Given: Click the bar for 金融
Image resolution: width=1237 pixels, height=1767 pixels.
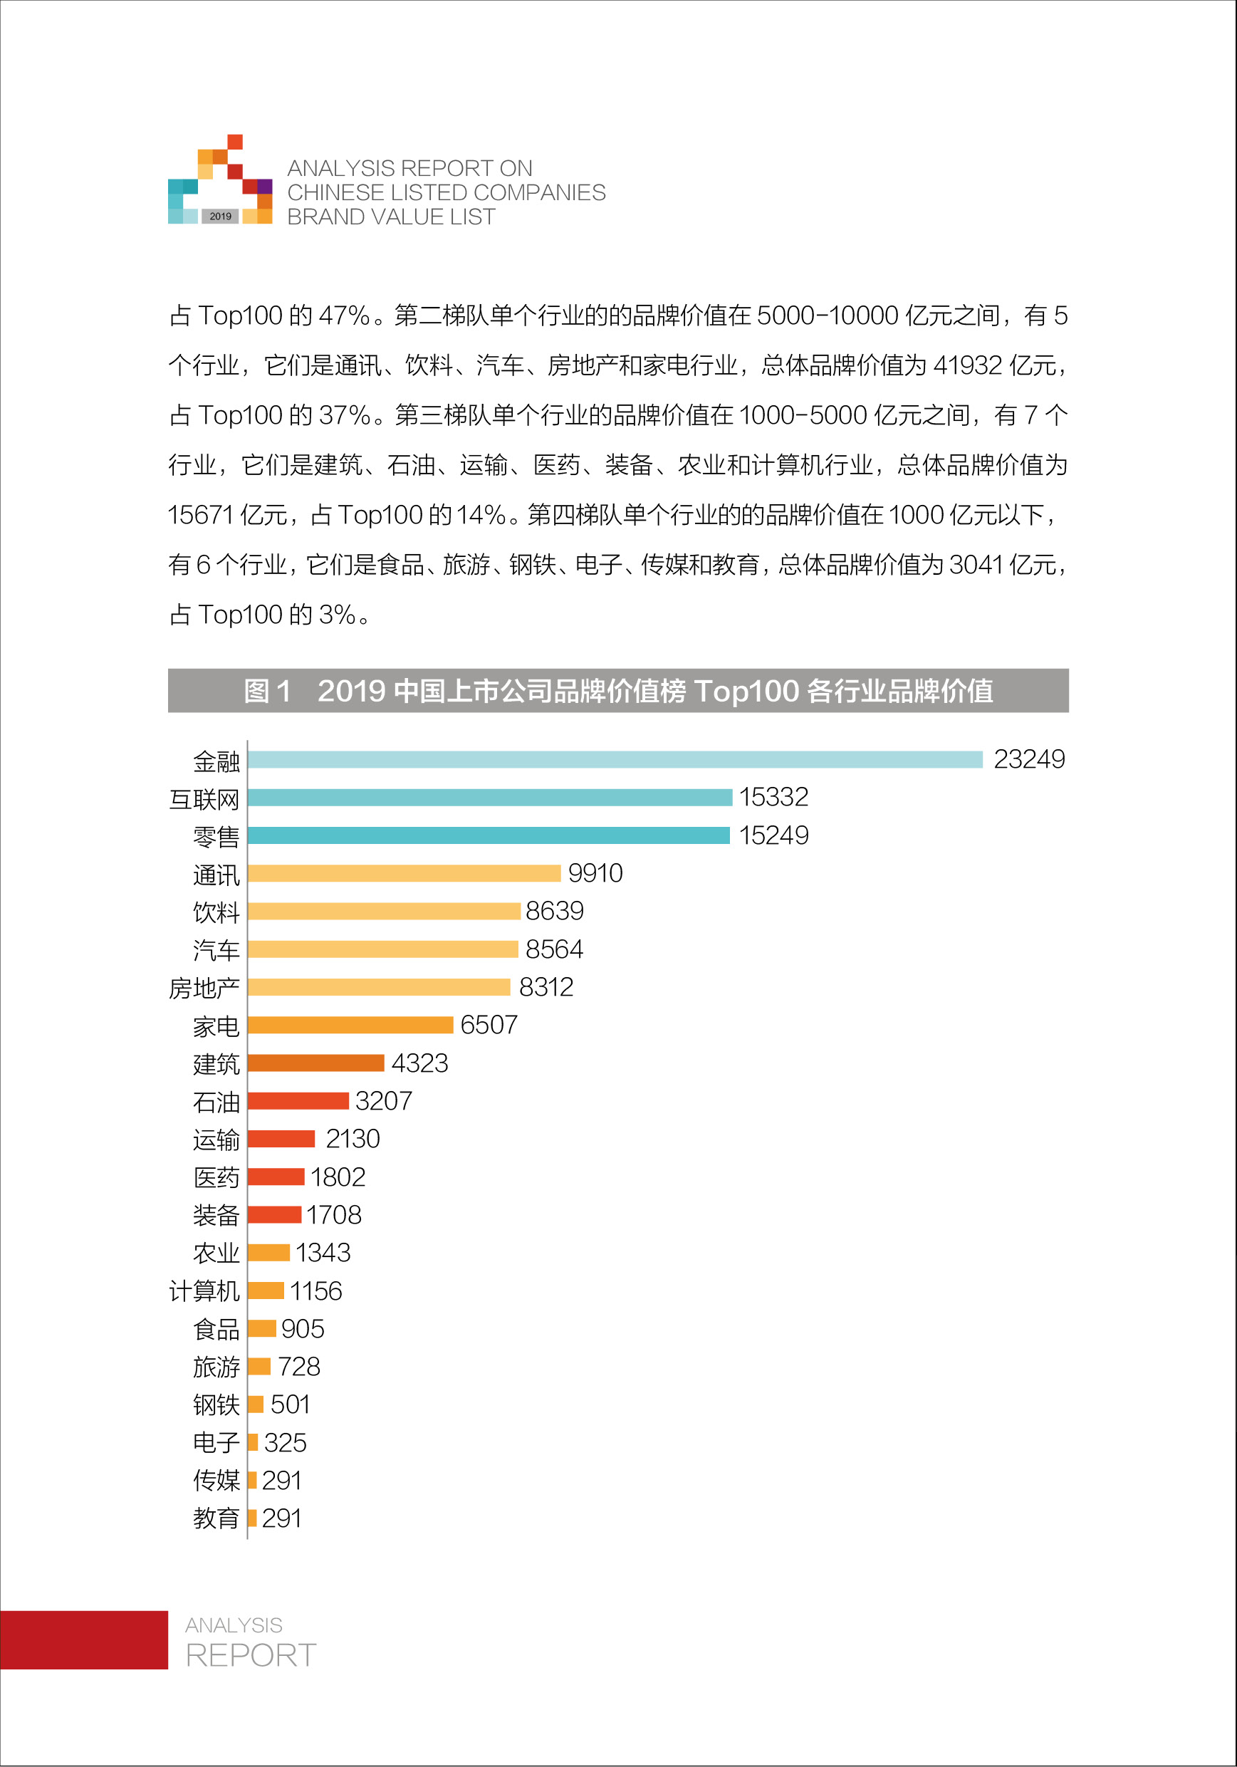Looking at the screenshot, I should pos(615,760).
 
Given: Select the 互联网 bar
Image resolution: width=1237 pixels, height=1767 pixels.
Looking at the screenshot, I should pos(489,797).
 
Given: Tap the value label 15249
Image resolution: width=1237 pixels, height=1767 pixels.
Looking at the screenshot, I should pos(773,835).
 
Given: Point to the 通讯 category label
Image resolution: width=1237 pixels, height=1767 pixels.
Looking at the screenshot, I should pos(216,875).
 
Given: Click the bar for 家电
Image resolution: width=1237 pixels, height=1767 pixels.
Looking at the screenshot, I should pos(350,1025).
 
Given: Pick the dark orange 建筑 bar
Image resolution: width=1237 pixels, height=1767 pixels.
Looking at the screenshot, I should pos(315,1063).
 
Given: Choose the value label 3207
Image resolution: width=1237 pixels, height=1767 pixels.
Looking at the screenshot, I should pos(383,1100).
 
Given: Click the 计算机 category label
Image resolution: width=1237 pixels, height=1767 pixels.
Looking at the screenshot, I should pos(204,1291).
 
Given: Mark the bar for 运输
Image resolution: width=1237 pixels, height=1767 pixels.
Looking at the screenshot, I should pos(281,1138).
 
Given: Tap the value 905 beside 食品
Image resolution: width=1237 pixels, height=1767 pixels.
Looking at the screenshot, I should pos(303,1328).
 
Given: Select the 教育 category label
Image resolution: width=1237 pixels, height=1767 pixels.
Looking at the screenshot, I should pos(216,1518).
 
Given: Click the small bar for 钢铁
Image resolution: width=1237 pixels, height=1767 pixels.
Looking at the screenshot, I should pos(256,1404).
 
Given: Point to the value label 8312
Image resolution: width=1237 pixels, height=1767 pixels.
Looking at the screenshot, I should pos(546,986).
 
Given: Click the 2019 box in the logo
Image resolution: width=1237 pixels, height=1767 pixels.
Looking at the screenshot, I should pos(220,217).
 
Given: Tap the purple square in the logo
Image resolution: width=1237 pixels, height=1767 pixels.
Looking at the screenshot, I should pos(265,186).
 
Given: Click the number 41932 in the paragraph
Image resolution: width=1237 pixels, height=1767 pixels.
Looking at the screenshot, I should pos(967,365).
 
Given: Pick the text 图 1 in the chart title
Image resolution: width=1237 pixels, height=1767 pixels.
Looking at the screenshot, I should pos(267,690).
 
